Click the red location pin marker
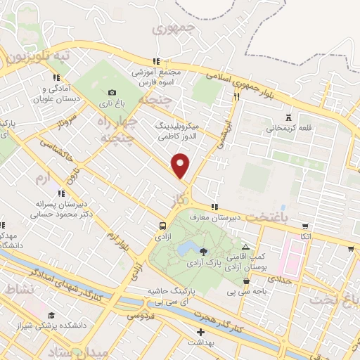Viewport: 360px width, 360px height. coord(181,166)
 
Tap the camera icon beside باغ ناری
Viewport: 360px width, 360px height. coord(112,92)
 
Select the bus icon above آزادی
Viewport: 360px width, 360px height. coord(162,226)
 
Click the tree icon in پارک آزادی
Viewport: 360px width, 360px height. coord(203,250)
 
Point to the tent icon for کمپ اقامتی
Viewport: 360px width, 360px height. coord(245,247)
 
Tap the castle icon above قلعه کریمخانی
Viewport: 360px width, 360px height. coord(288,117)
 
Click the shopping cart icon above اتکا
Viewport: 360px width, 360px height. coord(304,226)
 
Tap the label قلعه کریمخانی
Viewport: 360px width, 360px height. coord(287,129)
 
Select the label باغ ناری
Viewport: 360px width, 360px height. coord(111,103)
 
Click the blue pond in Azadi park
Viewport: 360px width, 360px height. coord(186,249)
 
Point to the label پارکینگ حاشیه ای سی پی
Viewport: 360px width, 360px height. coord(167,295)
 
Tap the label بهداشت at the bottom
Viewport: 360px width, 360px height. coord(202,342)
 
